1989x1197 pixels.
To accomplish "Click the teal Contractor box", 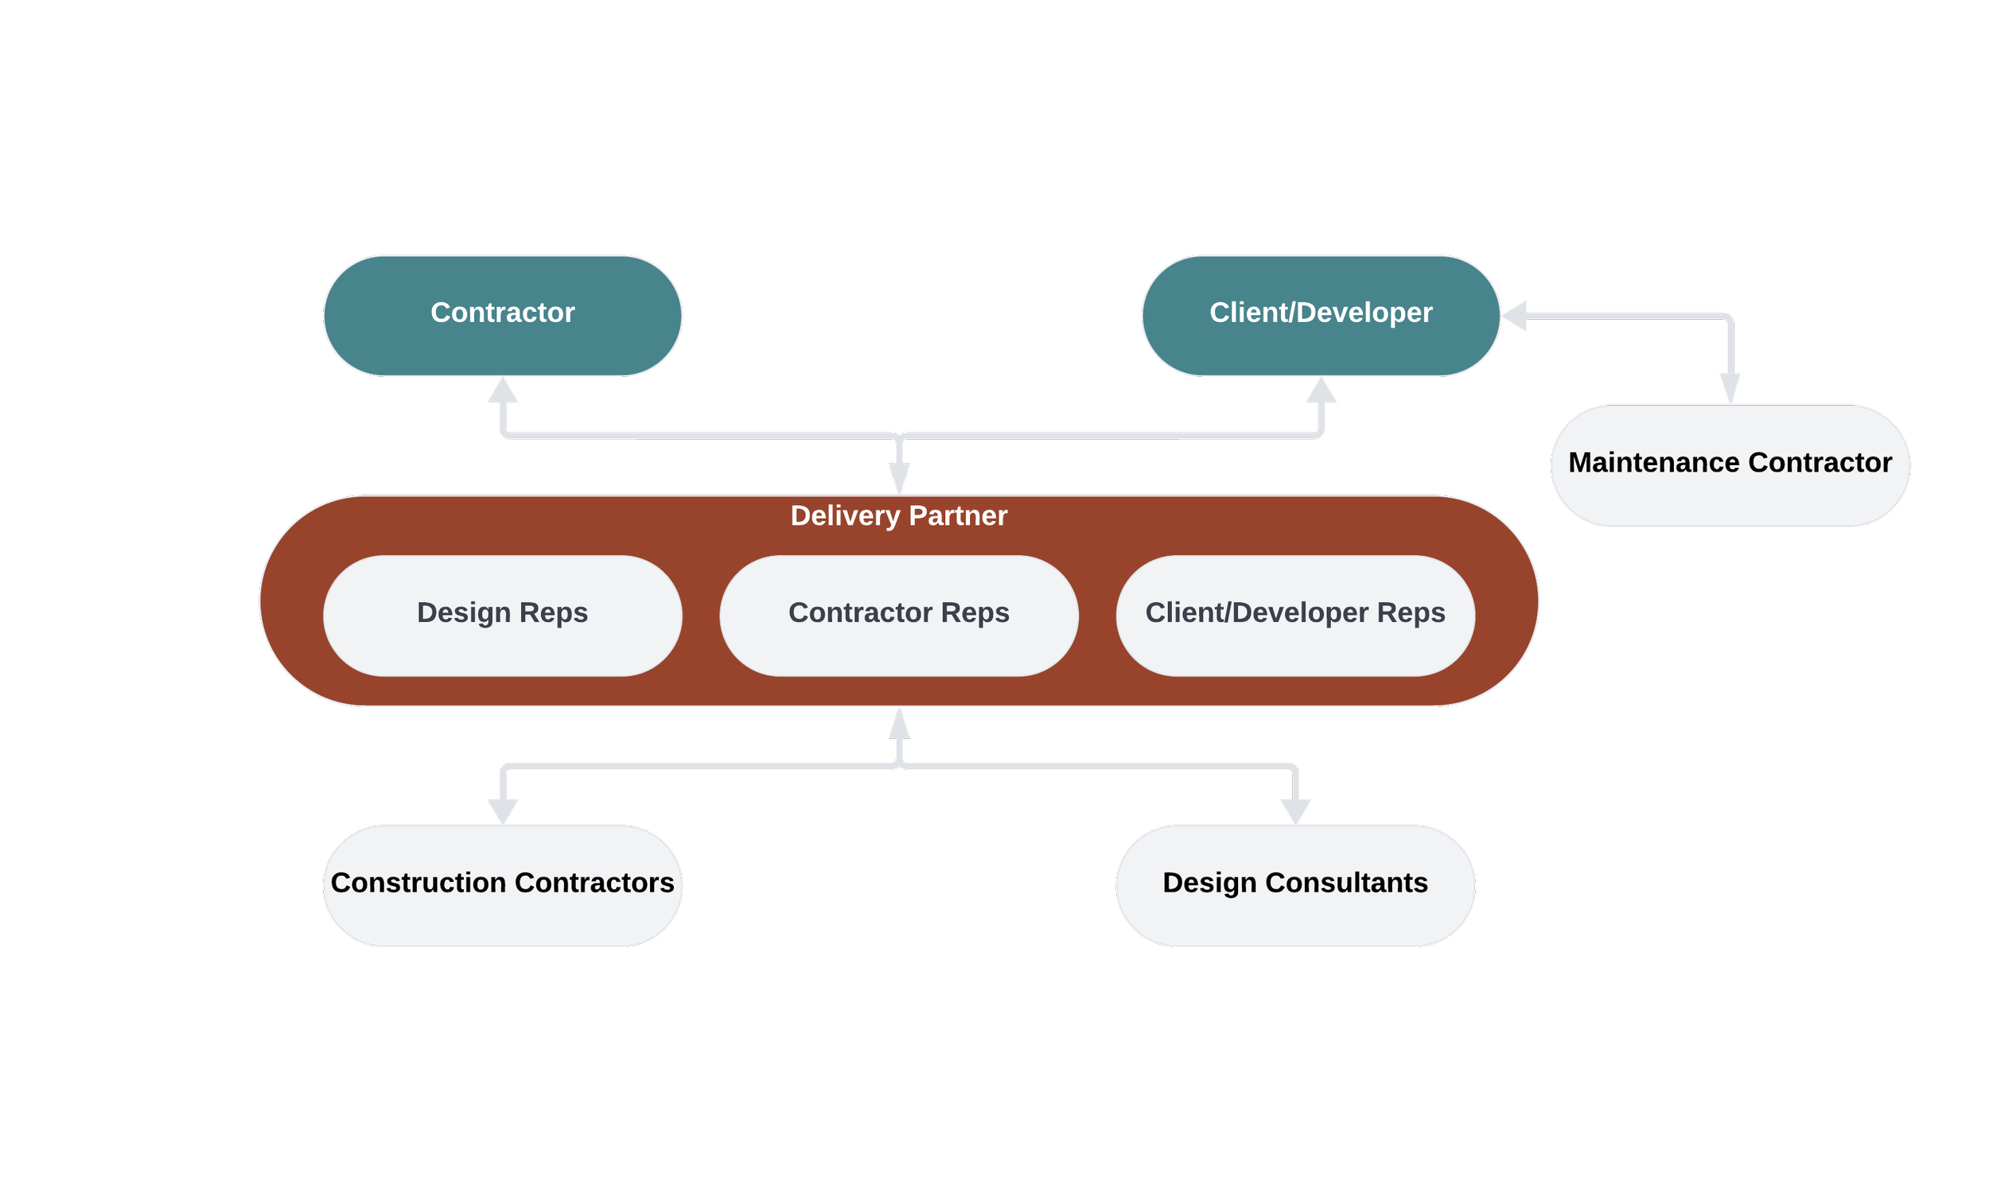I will click(x=502, y=316).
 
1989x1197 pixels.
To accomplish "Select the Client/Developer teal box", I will click(x=1320, y=316).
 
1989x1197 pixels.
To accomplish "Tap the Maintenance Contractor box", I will click(x=1729, y=465).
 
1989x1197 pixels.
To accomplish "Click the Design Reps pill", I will click(x=502, y=615).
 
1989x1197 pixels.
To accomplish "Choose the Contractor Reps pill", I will click(x=898, y=615).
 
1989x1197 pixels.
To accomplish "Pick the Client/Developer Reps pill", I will click(x=1294, y=615).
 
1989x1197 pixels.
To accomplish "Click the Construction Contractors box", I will click(x=502, y=885).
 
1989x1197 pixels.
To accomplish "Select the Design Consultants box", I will click(x=1294, y=885).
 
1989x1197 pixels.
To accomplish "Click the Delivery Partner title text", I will click(x=898, y=515).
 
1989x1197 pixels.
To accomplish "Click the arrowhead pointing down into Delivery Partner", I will click(x=898, y=480).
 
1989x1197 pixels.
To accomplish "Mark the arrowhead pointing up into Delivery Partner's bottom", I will click(x=898, y=723).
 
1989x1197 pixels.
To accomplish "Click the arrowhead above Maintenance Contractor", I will click(x=1729, y=389).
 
